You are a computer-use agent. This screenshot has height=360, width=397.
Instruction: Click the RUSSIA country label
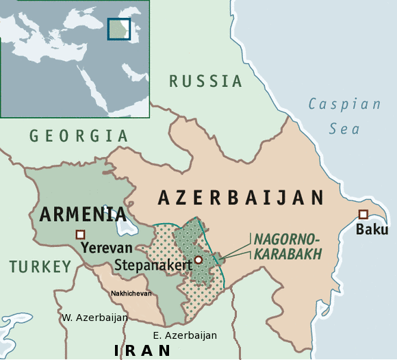click(x=206, y=81)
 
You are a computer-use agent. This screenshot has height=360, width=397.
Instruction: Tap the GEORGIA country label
click(x=79, y=136)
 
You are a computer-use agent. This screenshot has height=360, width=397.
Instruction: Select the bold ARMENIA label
click(x=83, y=214)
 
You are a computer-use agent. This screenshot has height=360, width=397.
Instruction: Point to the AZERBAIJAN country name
click(x=241, y=198)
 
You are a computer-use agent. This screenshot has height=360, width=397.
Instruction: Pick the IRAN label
click(x=142, y=350)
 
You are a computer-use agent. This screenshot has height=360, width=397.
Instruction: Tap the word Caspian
click(x=344, y=104)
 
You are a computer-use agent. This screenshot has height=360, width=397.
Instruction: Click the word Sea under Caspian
click(x=344, y=128)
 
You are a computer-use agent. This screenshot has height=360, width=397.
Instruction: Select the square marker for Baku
click(x=363, y=214)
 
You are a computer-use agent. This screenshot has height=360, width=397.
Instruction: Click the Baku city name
click(x=372, y=229)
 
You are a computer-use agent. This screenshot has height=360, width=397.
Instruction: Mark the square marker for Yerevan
click(x=81, y=234)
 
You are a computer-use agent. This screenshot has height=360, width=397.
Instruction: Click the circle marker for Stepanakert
click(x=198, y=259)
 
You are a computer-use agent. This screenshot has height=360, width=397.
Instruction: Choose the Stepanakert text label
click(x=153, y=264)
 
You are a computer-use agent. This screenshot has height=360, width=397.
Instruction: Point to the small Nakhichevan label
click(x=131, y=294)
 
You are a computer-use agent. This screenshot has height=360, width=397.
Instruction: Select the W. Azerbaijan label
click(x=94, y=318)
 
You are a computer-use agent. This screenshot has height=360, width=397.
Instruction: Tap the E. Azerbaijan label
click(x=185, y=335)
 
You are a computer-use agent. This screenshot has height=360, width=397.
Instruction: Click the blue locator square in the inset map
click(x=118, y=29)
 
